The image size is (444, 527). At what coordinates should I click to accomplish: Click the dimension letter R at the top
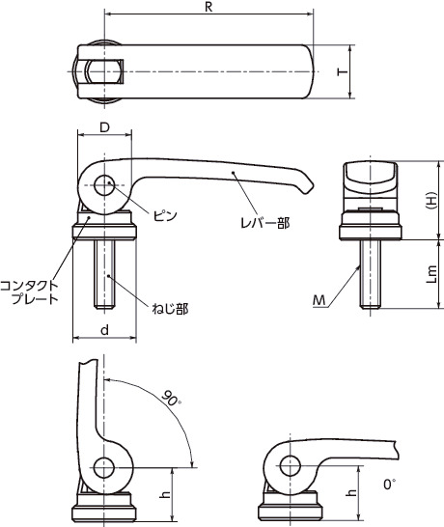click(x=208, y=8)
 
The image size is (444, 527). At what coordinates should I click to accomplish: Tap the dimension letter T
click(x=342, y=71)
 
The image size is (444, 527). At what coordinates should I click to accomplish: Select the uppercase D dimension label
click(x=105, y=127)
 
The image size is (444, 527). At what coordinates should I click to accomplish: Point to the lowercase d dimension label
click(x=105, y=330)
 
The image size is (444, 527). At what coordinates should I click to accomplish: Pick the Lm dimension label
click(x=431, y=274)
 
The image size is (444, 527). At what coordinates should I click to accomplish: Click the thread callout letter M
click(x=319, y=300)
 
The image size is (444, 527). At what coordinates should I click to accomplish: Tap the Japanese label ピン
click(x=165, y=215)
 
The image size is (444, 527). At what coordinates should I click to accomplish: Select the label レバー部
click(x=264, y=223)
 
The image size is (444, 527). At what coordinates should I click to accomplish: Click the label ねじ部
click(x=170, y=309)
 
